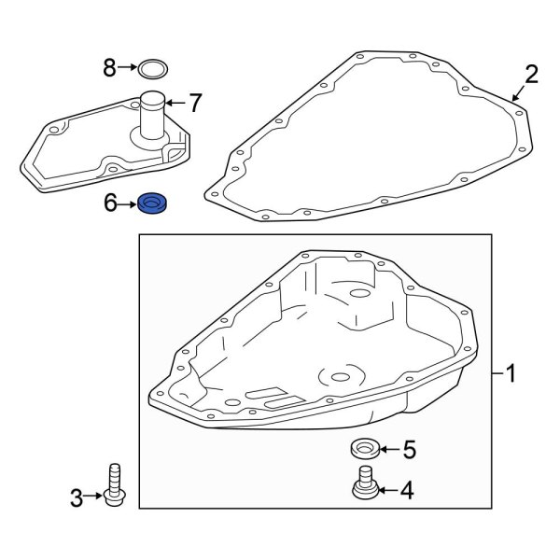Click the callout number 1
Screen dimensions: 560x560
(511, 375)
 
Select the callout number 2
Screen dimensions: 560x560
(531, 75)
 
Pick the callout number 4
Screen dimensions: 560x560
(406, 489)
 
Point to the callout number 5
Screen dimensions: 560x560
(407, 450)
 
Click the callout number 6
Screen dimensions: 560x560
(110, 203)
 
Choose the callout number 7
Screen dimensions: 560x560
(194, 101)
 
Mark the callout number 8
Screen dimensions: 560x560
(110, 67)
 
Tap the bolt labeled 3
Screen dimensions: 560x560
(116, 486)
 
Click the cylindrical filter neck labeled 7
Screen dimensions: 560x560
(154, 117)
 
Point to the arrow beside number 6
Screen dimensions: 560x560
(127, 203)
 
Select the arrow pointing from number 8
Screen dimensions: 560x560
(129, 67)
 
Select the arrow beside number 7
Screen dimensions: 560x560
(176, 101)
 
